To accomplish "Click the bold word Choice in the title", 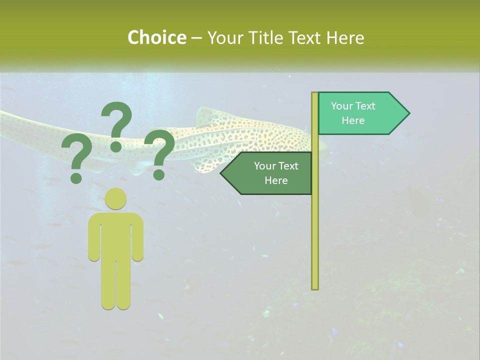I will coord(156,37).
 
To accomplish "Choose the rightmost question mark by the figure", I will coord(160,153).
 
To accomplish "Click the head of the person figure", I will coord(116,198).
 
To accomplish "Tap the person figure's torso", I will coord(116,235).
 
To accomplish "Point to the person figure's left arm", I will coord(94,237).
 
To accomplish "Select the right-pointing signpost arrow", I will coord(360,113).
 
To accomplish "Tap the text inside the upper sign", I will coord(353,113).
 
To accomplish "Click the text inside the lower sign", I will coord(276,173).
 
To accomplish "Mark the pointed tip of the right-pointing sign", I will coord(408,113).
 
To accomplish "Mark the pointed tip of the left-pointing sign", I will coord(221,173).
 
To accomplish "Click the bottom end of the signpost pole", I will coord(315,287).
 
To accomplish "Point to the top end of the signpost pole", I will coord(315,94).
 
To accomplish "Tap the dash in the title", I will coord(196,38).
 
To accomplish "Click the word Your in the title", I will coord(223,37).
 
